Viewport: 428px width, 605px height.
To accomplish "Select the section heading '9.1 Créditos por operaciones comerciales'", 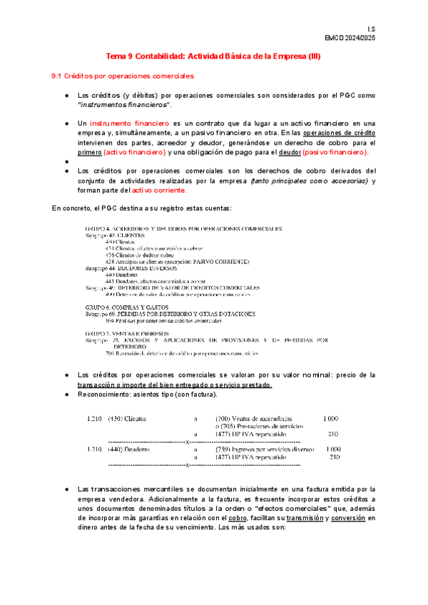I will pos(122,76).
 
